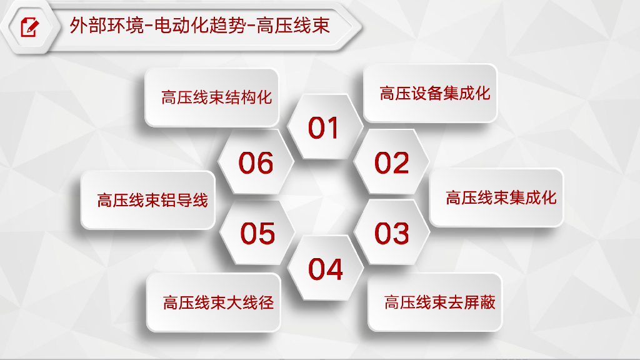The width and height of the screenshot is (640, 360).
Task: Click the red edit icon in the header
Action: (x=29, y=27)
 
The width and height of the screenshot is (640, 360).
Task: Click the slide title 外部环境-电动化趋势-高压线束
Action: (x=200, y=27)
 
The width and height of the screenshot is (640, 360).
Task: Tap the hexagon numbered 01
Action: (x=324, y=127)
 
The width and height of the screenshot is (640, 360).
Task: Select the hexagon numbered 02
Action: (x=392, y=163)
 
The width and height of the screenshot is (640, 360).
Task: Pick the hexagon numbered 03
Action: (x=392, y=233)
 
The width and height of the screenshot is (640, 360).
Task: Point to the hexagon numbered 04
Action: (x=326, y=269)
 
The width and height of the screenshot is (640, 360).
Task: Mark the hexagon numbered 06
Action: (x=256, y=163)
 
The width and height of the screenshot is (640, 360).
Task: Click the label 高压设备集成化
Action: (x=435, y=94)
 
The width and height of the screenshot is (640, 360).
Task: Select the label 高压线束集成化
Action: (x=501, y=198)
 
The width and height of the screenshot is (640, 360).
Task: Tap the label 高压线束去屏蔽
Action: (x=440, y=302)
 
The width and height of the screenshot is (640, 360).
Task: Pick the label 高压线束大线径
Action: (x=218, y=302)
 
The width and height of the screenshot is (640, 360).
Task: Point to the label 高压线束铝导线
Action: (x=152, y=201)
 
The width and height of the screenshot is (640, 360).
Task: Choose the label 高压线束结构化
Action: (x=217, y=97)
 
